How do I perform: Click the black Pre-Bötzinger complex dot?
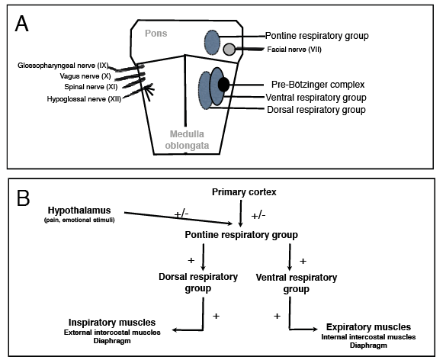pos(223,85)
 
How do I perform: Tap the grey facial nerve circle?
pos(229,50)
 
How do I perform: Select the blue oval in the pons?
pos(212,43)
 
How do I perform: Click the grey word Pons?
pos(156,34)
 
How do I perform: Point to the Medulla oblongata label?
pos(187,140)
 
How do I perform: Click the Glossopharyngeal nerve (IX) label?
pos(63,66)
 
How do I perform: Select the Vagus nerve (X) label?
pos(85,76)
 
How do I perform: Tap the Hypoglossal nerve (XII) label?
pos(84,99)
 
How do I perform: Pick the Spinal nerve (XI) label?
pos(91,87)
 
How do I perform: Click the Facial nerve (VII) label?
pos(294,50)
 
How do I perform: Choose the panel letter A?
pos(21,24)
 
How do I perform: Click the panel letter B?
pos(24,198)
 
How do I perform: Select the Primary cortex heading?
pos(244,192)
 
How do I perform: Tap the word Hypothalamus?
pos(79,211)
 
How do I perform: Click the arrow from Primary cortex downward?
pos(241,213)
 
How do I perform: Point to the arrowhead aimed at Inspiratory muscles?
pos(175,330)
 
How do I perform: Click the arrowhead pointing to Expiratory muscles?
pos(314,329)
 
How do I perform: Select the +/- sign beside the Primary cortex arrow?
pos(258,216)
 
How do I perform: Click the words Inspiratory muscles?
pos(112,323)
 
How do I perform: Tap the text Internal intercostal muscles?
pos(368,337)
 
